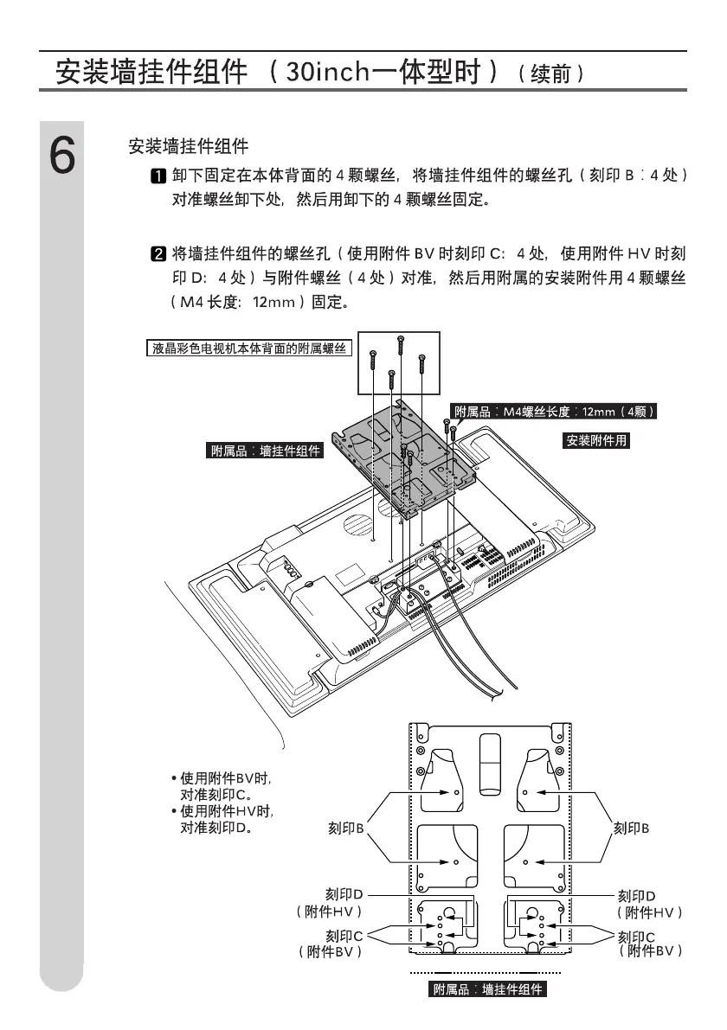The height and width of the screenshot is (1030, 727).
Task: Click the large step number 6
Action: [x=61, y=156]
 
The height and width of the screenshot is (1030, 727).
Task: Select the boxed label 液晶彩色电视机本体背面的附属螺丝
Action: [x=248, y=349]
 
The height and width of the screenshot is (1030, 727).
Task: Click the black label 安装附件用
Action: [x=596, y=440]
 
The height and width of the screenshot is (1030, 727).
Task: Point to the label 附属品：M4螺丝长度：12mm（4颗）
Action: [x=554, y=412]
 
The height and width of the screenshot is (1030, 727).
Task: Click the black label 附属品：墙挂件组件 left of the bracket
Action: [x=266, y=451]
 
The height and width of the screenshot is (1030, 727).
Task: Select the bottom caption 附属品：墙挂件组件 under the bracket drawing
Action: [x=489, y=988]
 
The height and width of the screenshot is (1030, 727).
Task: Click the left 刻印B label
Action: [x=345, y=828]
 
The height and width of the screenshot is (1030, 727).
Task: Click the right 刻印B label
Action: [x=631, y=828]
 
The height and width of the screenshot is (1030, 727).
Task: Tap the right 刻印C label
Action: [x=636, y=936]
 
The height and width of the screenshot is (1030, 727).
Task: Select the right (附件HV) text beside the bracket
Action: [x=650, y=912]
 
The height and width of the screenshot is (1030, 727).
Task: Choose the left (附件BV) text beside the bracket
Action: [x=329, y=950]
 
